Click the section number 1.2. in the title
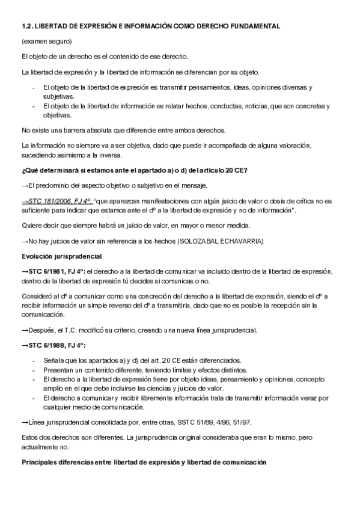(x=28, y=27)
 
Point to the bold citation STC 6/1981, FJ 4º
(x=52, y=271)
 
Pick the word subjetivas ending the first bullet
(x=58, y=96)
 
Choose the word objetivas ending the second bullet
(x=57, y=115)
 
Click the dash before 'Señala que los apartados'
(x=34, y=360)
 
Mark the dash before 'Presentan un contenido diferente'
(x=34, y=369)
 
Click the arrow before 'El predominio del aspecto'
(x=25, y=185)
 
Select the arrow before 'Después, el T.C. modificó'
(x=25, y=330)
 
